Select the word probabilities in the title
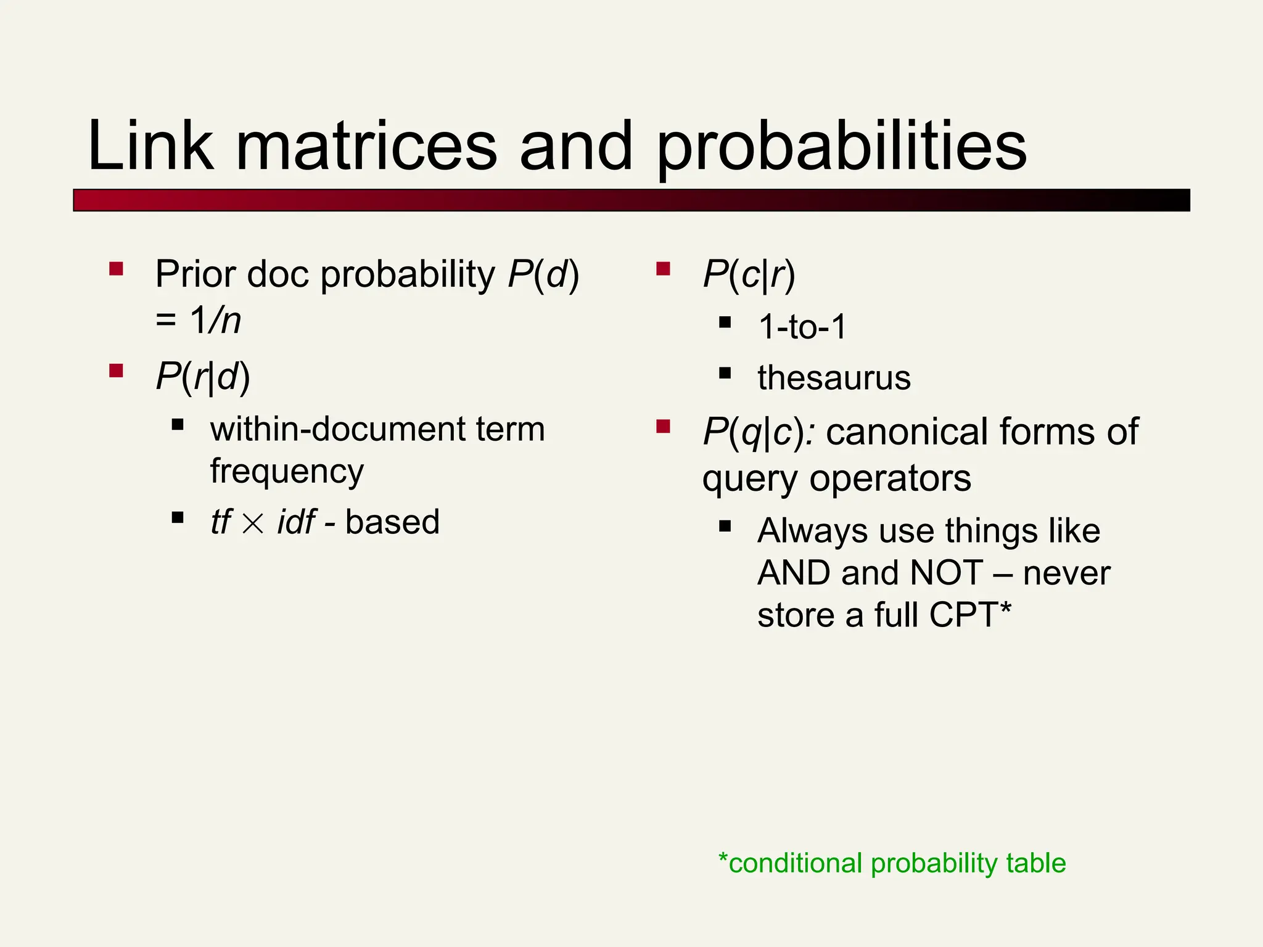point(841,148)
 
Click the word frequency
point(287,472)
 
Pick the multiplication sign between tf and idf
point(253,523)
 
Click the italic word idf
point(297,522)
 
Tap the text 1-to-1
point(802,326)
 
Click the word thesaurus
point(834,377)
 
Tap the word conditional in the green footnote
point(795,863)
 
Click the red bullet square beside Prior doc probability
point(116,269)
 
